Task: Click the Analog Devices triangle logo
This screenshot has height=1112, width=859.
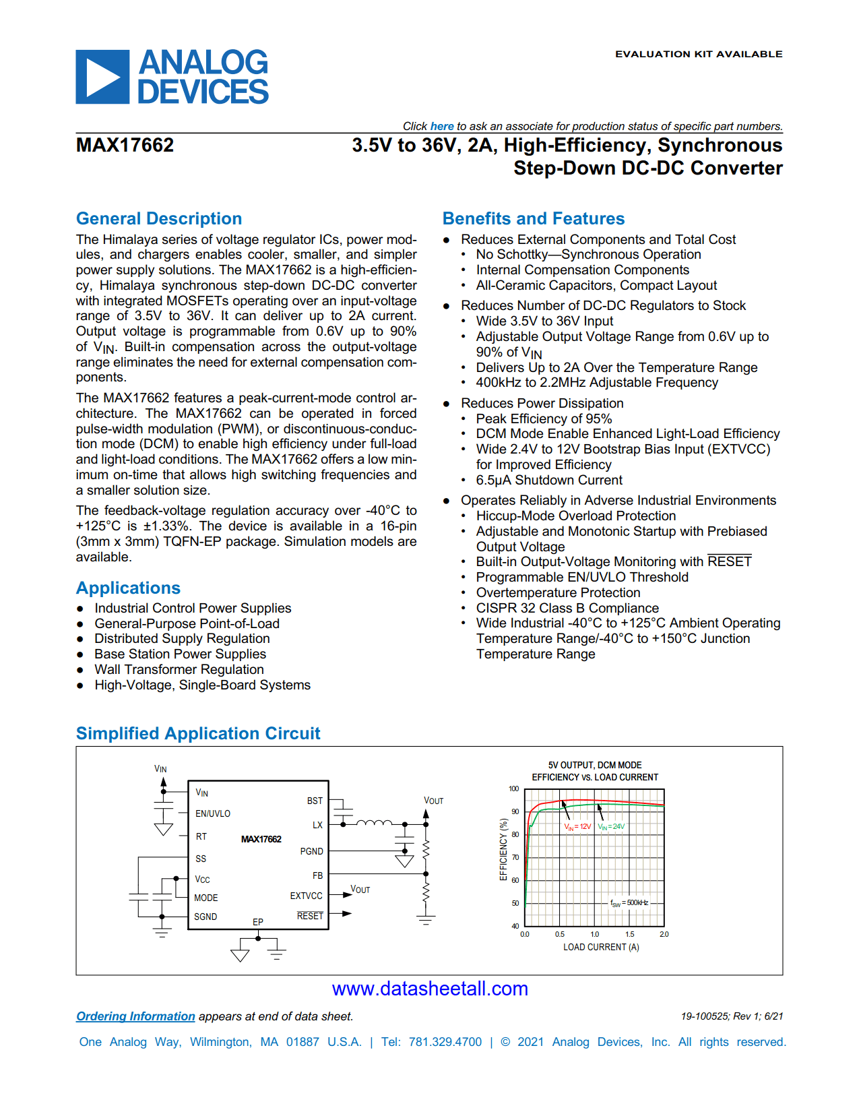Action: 102,77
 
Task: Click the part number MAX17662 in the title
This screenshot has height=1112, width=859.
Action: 125,145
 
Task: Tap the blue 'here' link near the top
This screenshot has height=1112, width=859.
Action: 442,126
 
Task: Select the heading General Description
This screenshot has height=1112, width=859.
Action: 159,218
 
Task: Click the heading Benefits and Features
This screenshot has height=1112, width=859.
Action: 533,218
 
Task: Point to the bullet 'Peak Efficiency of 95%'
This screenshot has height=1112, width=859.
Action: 544,419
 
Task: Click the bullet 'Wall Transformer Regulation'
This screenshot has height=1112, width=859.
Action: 179,669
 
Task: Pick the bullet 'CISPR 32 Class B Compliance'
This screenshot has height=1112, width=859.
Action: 567,608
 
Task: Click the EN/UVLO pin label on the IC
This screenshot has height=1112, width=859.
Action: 213,813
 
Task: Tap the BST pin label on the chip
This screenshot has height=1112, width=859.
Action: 315,801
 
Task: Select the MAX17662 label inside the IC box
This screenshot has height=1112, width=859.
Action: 261,839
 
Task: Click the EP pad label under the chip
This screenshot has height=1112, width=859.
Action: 258,921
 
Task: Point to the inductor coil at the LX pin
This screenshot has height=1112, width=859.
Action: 374,822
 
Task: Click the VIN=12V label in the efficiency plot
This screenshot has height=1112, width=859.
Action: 577,826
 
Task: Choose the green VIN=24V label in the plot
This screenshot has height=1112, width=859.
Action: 611,826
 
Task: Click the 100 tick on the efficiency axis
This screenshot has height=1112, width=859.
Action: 513,789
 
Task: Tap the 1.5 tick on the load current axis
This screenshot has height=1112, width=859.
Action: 629,934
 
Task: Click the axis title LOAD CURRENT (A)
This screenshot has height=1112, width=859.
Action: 601,947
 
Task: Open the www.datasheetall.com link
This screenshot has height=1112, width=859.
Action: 430,989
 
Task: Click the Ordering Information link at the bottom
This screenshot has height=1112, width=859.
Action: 135,1016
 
